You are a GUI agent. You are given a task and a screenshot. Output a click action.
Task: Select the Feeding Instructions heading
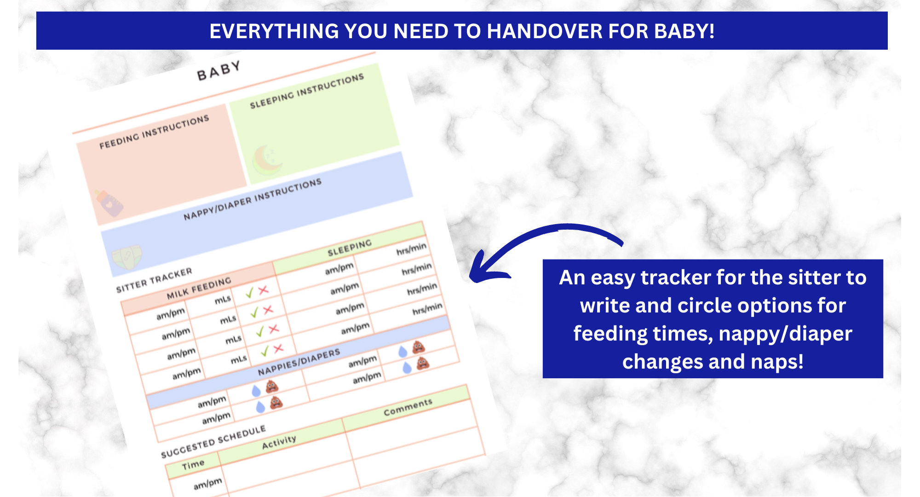[154, 132]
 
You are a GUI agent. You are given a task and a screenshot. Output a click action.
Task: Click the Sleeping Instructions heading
[307, 91]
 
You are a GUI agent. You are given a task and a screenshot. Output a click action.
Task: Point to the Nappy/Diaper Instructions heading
[252, 199]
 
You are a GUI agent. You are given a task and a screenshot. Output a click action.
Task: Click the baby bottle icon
[109, 202]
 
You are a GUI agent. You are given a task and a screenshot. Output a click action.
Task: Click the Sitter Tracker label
[154, 280]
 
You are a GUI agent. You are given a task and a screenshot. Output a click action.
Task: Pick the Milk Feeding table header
[199, 288]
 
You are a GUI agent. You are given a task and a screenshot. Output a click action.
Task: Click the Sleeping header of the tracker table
[349, 248]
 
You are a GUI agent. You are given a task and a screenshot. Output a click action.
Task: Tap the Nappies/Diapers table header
[299, 362]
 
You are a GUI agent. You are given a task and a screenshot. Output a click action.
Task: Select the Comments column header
[408, 407]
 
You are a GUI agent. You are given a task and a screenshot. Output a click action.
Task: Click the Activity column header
[279, 442]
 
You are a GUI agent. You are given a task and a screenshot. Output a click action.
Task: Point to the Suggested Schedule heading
[213, 441]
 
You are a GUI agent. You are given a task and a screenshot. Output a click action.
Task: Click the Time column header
[193, 465]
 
